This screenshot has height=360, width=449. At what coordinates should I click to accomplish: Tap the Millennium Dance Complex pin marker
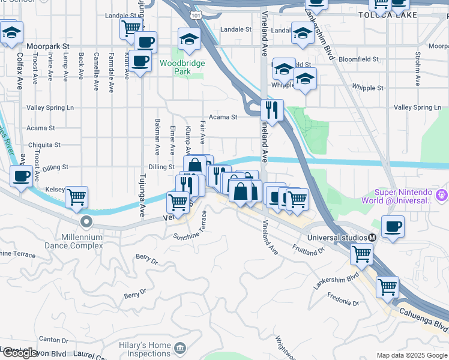pyautogui.click(x=87, y=221)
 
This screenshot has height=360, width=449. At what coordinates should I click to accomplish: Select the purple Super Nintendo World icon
pyautogui.click(x=442, y=194)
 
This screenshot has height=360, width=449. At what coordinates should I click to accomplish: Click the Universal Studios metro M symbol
pyautogui.click(x=372, y=238)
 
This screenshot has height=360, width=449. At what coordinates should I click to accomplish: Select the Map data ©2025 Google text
pyautogui.click(x=412, y=355)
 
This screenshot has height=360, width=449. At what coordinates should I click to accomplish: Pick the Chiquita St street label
pyautogui.click(x=44, y=145)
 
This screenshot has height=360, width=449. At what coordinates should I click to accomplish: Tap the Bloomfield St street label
pyautogui.click(x=359, y=59)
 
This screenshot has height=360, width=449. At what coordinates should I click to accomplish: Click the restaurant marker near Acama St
pyautogui.click(x=272, y=110)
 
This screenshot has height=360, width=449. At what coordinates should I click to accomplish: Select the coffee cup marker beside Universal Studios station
pyautogui.click(x=393, y=227)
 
